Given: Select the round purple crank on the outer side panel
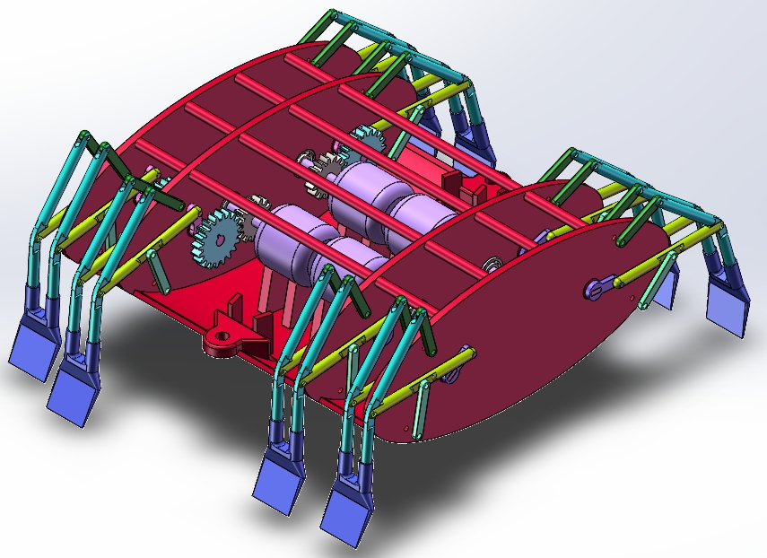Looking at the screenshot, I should coord(598,288).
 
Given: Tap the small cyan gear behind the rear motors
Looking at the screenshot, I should coord(369,140).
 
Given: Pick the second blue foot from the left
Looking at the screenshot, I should coord(75,391).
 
